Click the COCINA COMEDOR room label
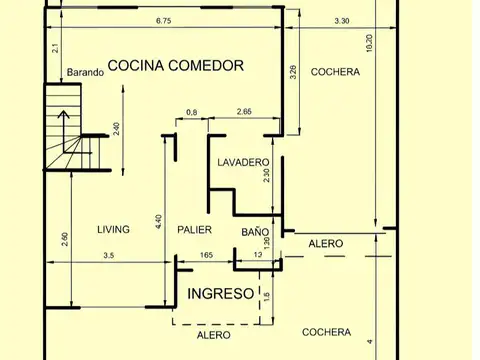pos(176,66)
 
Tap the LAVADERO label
pos(243,162)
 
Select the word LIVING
pos(113,230)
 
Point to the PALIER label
pos(194,230)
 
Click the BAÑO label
pos(255,231)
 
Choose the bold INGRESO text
pos(221,294)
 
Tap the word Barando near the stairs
pos(87,72)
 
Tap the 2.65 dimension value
pos(245,112)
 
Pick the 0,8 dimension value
pos(191,112)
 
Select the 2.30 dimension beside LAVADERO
pos(266,174)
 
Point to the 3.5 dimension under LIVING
pos(108,257)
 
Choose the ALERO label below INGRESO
pos(213,335)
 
